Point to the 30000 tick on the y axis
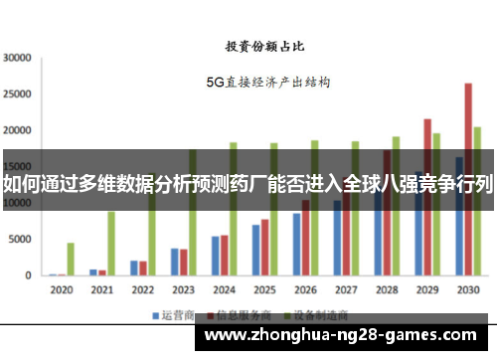[x=17, y=58]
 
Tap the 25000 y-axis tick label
[x=17, y=93]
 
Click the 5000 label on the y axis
[x=20, y=240]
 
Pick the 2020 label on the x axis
[x=62, y=290]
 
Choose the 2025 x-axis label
[x=263, y=290]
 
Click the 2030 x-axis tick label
[x=466, y=290]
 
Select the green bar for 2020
[x=71, y=259]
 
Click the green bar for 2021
[x=111, y=243]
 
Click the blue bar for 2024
[x=215, y=256]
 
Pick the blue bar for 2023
[x=174, y=262]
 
